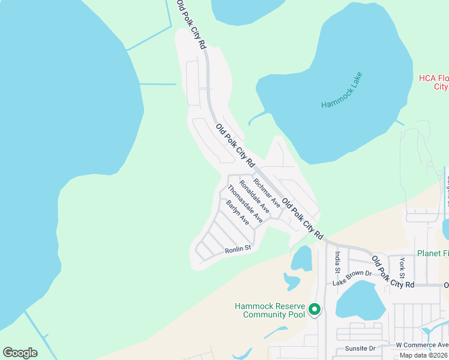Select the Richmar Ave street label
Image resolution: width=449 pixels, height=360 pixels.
pyautogui.click(x=267, y=193)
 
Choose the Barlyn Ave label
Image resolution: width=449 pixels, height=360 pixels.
pyautogui.click(x=238, y=212)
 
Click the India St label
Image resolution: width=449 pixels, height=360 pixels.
pyautogui.click(x=337, y=264)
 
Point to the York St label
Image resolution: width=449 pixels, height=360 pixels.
pyautogui.click(x=403, y=267)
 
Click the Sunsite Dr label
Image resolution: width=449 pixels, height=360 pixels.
pyautogui.click(x=360, y=348)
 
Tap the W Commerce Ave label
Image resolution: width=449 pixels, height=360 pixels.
pyautogui.click(x=422, y=345)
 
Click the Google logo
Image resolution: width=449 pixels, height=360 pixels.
pyautogui.click(x=20, y=353)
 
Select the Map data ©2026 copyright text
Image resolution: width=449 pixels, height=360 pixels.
pyautogui.click(x=424, y=355)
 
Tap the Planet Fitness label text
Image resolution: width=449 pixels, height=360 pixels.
pyautogui.click(x=433, y=253)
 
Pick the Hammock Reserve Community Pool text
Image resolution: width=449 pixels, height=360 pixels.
pyautogui.click(x=270, y=310)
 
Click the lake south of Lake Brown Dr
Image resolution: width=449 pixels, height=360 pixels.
pyautogui.click(x=360, y=300)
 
